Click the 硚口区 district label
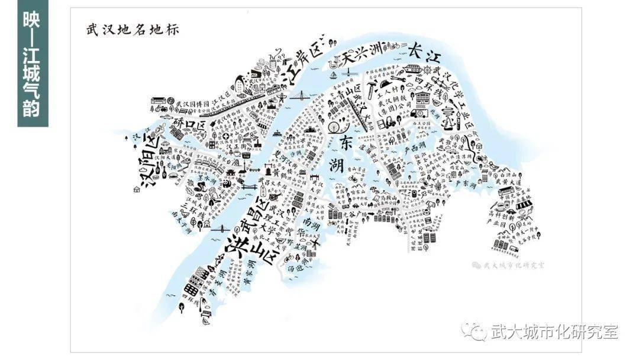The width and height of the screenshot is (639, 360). (x=189, y=124)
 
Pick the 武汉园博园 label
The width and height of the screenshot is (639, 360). (x=191, y=104)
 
